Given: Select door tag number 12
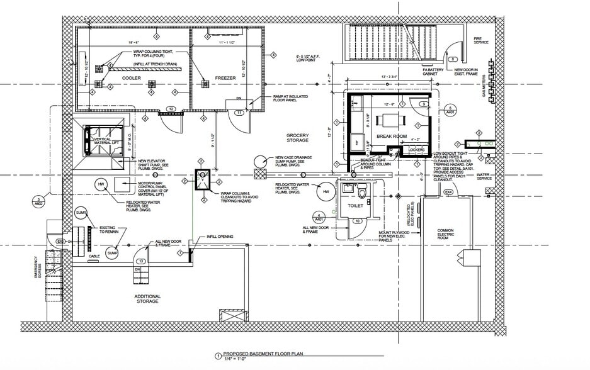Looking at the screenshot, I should (x=171, y=109).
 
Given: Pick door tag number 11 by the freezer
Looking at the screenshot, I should (x=239, y=112).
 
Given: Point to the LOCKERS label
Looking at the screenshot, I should (x=416, y=149).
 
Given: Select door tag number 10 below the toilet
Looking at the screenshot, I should (x=357, y=221).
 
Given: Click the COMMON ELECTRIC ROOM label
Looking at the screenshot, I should (x=445, y=235).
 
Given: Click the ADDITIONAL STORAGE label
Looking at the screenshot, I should (x=147, y=298).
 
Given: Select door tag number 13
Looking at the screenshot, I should (x=142, y=261).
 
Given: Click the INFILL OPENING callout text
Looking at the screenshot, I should (x=220, y=237).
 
